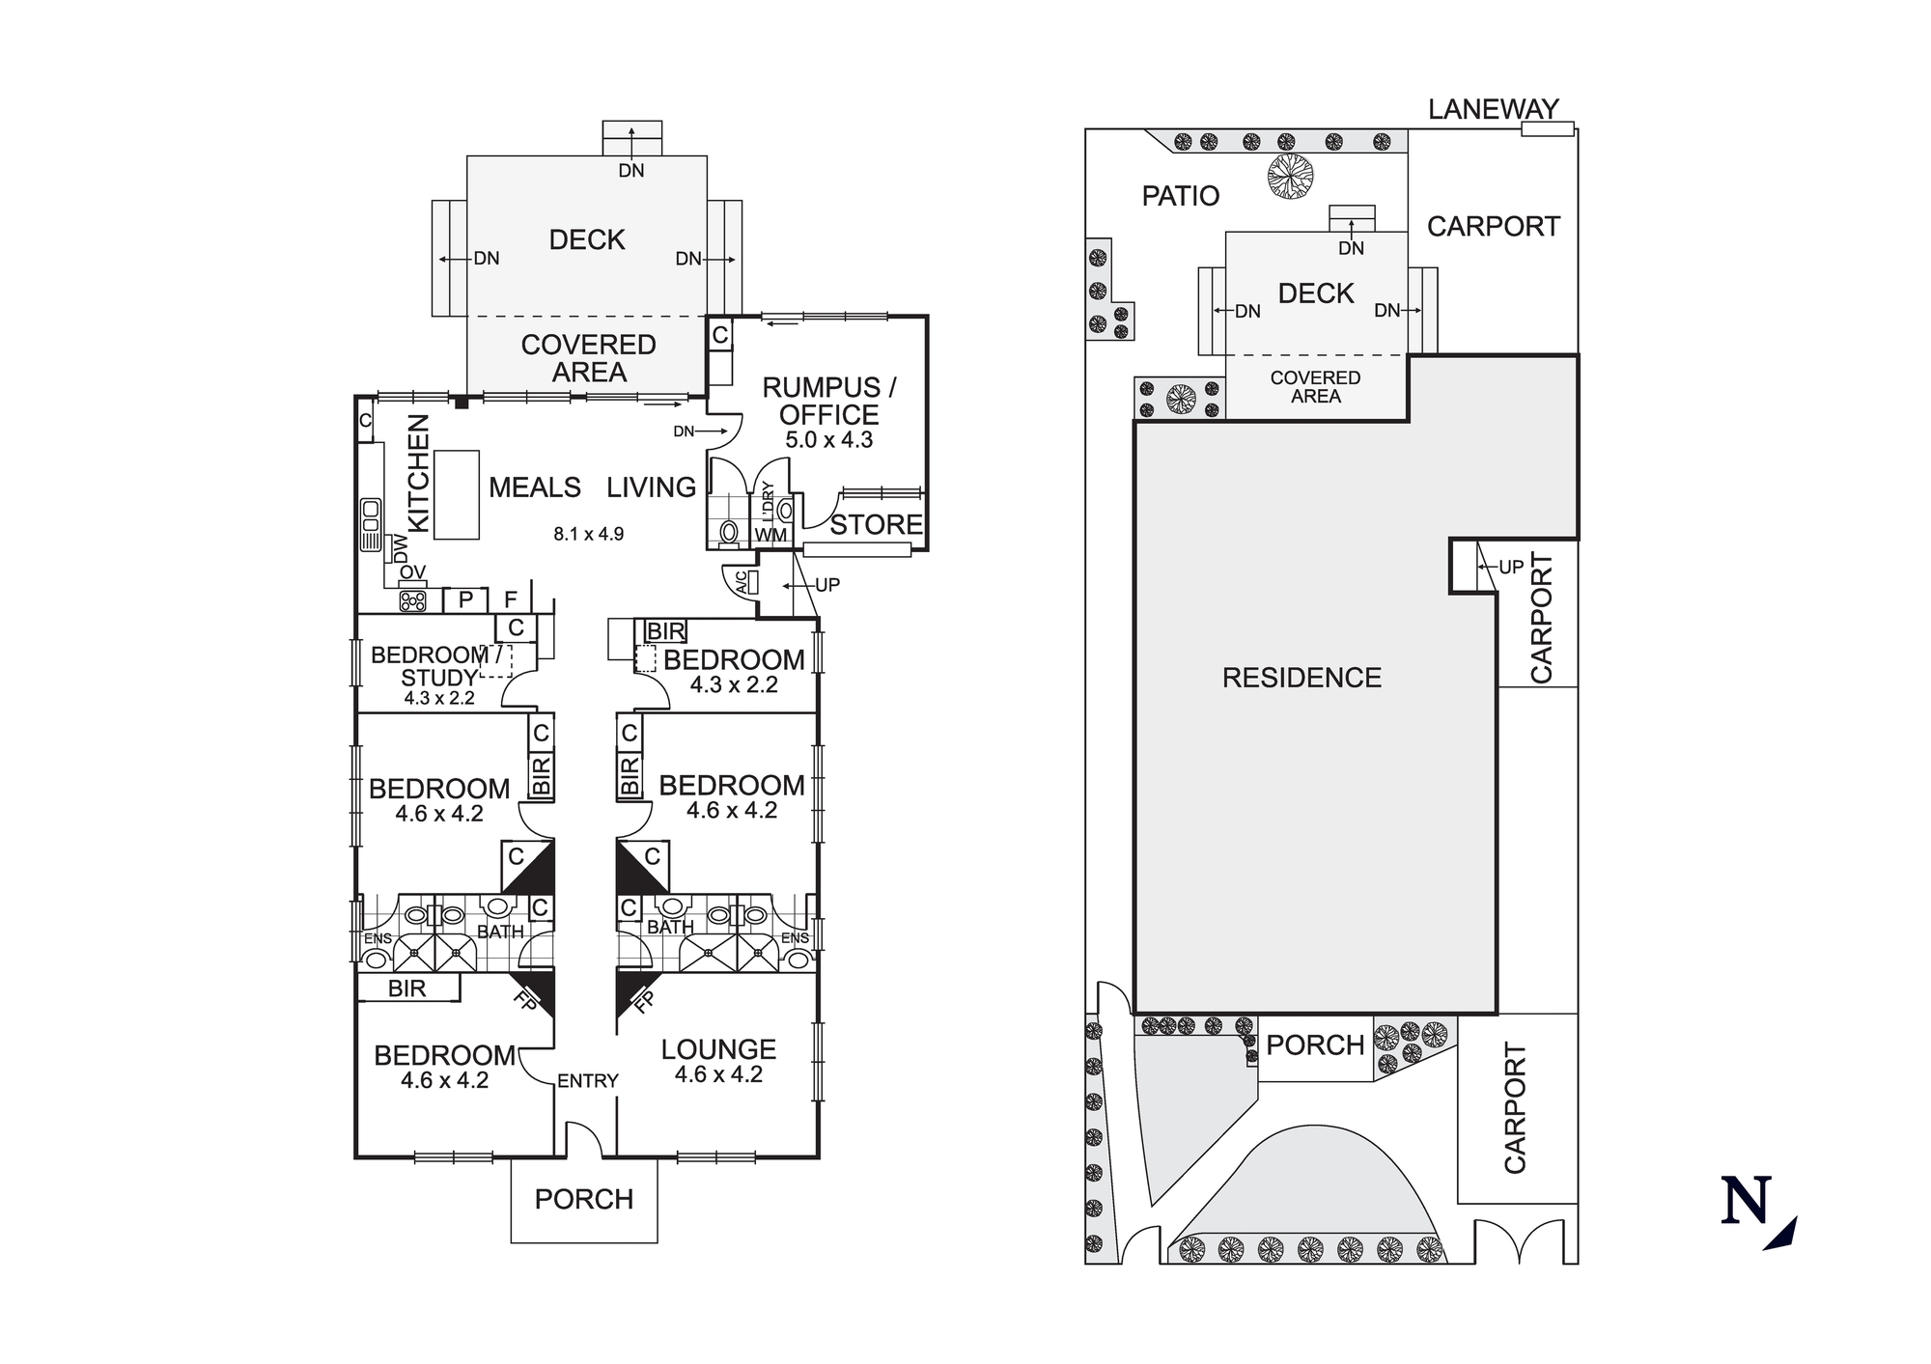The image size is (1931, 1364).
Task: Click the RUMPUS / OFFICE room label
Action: (828, 402)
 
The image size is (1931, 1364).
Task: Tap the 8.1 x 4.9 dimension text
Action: (588, 534)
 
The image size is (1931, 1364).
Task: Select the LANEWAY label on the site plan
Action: (1493, 110)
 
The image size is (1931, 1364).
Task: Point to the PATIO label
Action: (1180, 196)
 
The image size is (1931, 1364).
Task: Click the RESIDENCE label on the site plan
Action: (1301, 678)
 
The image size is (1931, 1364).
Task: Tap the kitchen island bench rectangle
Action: (457, 494)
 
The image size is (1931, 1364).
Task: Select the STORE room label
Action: (876, 525)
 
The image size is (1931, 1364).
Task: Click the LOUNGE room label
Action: (718, 1049)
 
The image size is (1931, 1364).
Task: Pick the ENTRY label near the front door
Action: (587, 1081)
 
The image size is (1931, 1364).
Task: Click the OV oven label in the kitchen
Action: (412, 573)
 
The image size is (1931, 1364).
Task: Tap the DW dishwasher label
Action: (401, 549)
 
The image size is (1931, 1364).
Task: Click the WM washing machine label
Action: (770, 535)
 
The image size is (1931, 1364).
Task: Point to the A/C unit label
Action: (742, 582)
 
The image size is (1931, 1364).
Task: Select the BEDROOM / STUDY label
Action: (437, 666)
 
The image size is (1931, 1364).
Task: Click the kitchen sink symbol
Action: (371, 524)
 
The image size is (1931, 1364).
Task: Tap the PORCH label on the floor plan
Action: (583, 1199)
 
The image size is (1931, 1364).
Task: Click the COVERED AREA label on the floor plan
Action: (588, 358)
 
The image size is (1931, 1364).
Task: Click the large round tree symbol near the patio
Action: (1291, 177)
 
